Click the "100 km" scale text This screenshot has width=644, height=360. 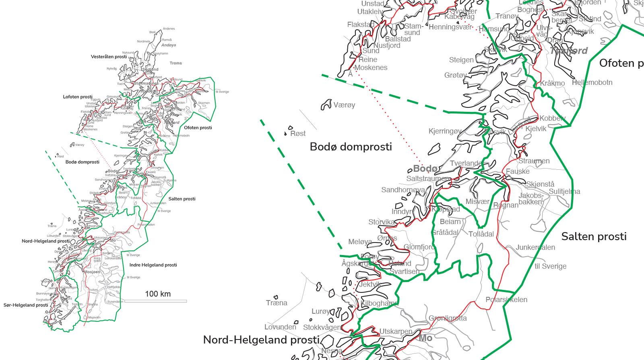click(x=158, y=294)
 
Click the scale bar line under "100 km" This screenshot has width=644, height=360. click(x=155, y=301)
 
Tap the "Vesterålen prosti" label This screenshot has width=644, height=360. click(x=109, y=57)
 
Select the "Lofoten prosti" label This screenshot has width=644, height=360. click(x=78, y=97)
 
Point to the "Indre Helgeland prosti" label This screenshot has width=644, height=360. click(x=153, y=265)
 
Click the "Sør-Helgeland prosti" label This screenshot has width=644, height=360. click(x=26, y=305)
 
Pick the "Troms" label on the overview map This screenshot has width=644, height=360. click(x=175, y=63)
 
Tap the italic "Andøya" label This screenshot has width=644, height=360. click(x=168, y=45)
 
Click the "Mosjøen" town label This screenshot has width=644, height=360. click(x=92, y=272)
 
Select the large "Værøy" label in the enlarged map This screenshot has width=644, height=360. click(x=344, y=105)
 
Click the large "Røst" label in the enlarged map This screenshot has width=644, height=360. click(x=298, y=134)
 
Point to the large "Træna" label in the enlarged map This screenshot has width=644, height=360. click(x=277, y=303)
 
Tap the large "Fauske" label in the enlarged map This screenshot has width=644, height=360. click(x=518, y=171)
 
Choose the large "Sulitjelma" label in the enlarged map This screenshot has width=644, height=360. click(x=564, y=191)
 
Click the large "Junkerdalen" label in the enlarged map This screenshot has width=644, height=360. click(x=535, y=247)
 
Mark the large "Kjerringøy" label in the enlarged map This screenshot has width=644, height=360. click(x=445, y=131)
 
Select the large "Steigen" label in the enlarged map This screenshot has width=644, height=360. click(x=461, y=60)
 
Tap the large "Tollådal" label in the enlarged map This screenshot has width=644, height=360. click(x=481, y=234)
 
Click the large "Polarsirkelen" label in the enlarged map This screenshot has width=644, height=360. click(x=506, y=300)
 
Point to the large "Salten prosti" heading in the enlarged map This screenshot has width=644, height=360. click(x=594, y=237)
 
